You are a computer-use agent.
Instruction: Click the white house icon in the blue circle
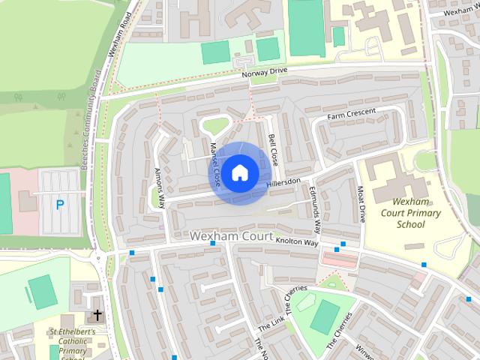click(x=238, y=173)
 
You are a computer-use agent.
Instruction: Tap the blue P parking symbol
click(x=60, y=203)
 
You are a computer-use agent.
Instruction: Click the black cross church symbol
click(x=97, y=316)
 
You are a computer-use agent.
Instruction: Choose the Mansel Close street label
click(x=215, y=165)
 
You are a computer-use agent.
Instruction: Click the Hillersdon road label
click(x=283, y=182)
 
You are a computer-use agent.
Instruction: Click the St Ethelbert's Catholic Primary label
click(x=71, y=340)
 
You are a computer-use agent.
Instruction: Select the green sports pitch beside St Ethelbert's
click(x=42, y=289)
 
